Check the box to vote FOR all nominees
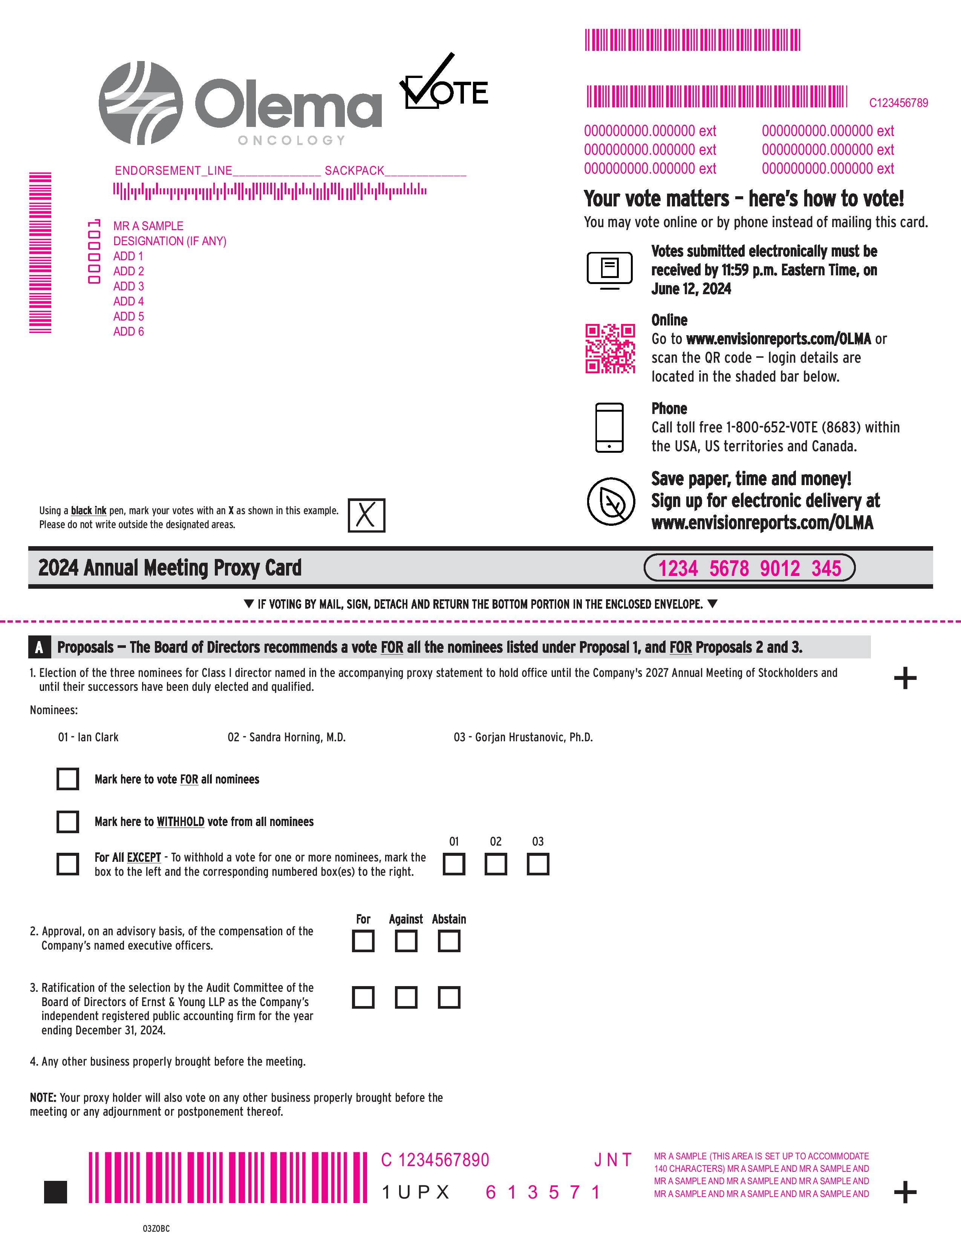point(68,779)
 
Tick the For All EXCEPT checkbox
point(68,864)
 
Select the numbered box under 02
point(496,864)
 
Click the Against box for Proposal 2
point(406,941)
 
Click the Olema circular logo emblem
point(141,104)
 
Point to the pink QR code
point(610,349)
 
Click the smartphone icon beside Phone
point(609,428)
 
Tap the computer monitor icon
point(609,269)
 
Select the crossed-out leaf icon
point(611,501)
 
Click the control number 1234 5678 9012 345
point(749,568)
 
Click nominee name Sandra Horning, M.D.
point(286,738)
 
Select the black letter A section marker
point(39,647)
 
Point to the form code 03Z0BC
point(156,1229)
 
